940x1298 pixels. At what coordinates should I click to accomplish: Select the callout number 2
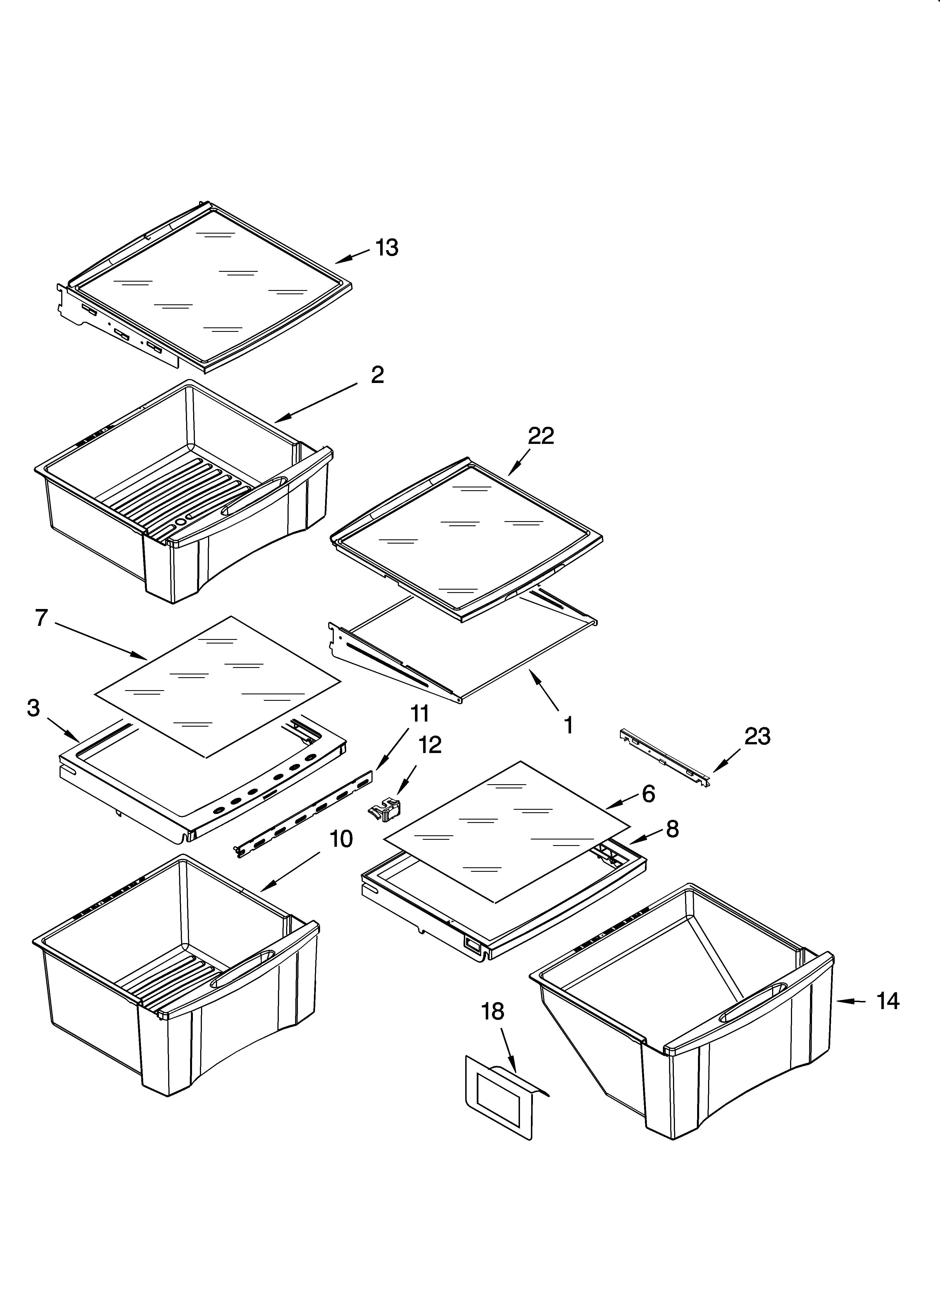pyautogui.click(x=377, y=375)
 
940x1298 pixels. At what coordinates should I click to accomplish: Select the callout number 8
pyautogui.click(x=672, y=829)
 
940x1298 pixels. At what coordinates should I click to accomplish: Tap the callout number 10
pyautogui.click(x=341, y=839)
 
